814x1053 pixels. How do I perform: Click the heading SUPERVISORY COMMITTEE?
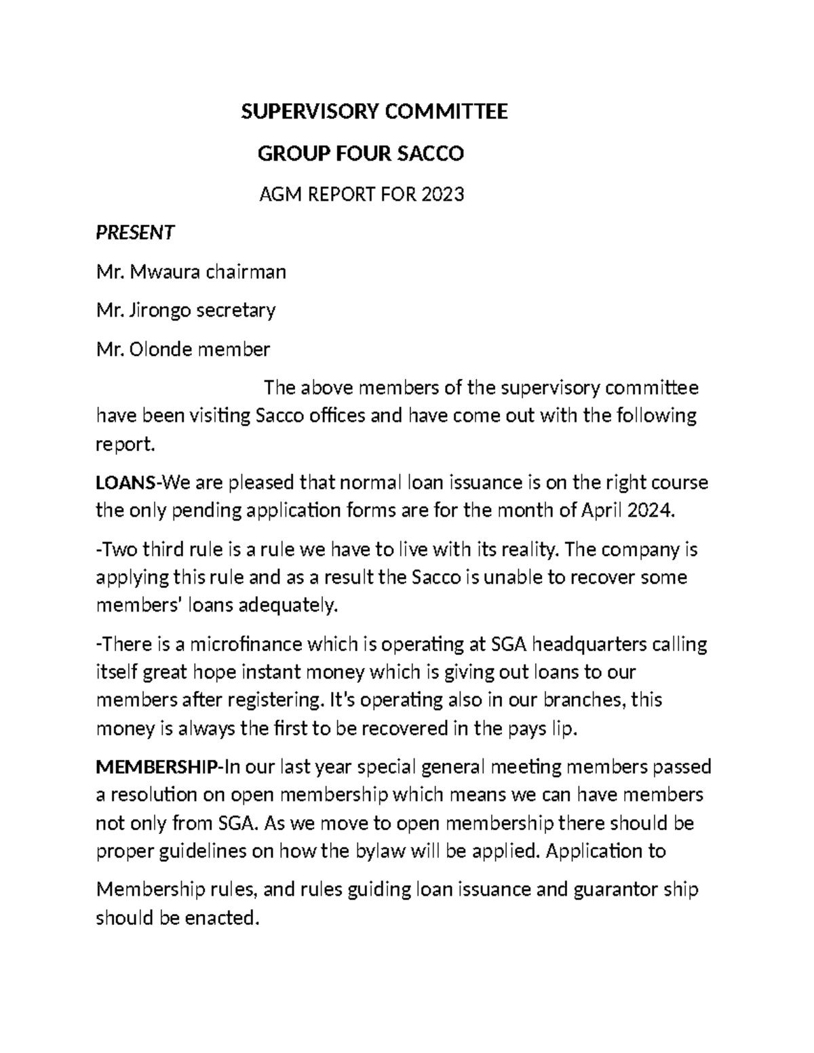tap(374, 111)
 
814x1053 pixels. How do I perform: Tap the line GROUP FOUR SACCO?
tap(360, 154)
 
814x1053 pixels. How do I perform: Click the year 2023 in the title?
tap(442, 195)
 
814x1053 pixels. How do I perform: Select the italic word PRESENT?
tap(135, 233)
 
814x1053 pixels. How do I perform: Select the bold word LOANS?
tap(125, 483)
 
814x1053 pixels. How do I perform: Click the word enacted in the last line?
tap(221, 918)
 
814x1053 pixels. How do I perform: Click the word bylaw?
tap(379, 851)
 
